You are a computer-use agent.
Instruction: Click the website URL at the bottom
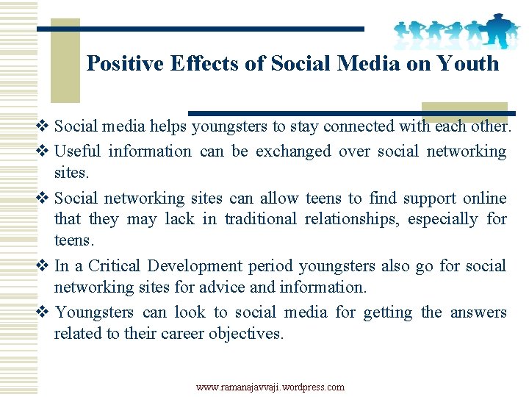270,387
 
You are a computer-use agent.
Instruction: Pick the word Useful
78,151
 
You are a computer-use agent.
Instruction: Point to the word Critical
115,266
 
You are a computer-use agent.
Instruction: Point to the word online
485,198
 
